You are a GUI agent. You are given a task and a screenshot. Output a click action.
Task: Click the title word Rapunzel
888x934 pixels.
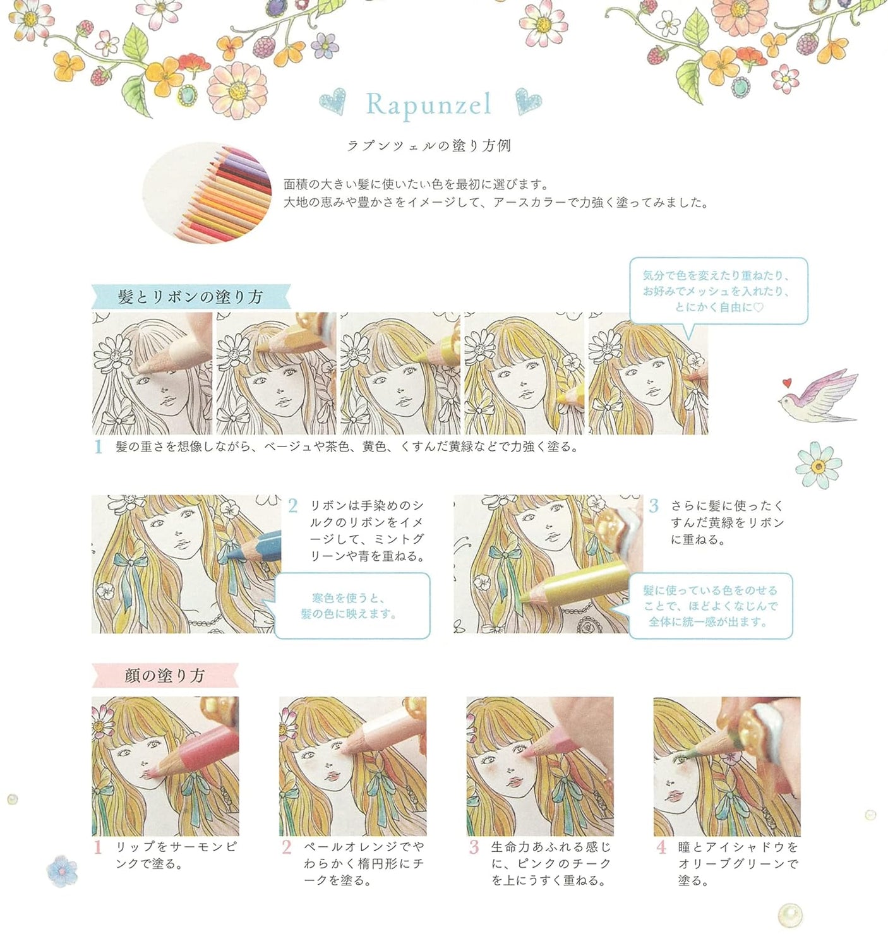coord(428,105)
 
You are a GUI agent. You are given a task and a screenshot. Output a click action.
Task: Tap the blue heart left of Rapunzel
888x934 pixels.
coord(332,102)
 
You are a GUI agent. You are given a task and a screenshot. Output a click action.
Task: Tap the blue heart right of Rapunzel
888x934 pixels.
coord(528,101)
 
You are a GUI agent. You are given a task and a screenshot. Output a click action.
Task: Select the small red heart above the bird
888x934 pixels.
coord(786,382)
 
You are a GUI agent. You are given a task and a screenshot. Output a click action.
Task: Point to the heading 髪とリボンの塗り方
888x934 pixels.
coord(190,297)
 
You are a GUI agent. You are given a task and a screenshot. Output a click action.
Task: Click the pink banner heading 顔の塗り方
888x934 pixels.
coord(165,676)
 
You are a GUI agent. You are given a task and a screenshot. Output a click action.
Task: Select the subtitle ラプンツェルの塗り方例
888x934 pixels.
coord(429,146)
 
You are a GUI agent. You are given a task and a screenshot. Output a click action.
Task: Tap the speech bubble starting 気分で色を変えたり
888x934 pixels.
coord(718,291)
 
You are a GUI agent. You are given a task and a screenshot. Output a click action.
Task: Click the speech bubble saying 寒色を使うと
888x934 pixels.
coord(353,606)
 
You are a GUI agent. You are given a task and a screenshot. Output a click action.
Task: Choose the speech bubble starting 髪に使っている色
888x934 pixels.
coord(710,606)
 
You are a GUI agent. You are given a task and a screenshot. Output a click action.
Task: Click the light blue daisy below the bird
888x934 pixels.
coord(819,466)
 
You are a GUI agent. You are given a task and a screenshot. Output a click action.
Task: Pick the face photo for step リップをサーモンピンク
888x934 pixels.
coord(165,766)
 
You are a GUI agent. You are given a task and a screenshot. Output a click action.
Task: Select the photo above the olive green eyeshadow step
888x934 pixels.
coord(726,766)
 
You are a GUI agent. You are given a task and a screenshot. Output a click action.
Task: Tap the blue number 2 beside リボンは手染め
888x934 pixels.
coord(292,506)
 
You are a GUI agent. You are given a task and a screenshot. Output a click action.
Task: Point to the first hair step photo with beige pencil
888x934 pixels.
coord(152,373)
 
